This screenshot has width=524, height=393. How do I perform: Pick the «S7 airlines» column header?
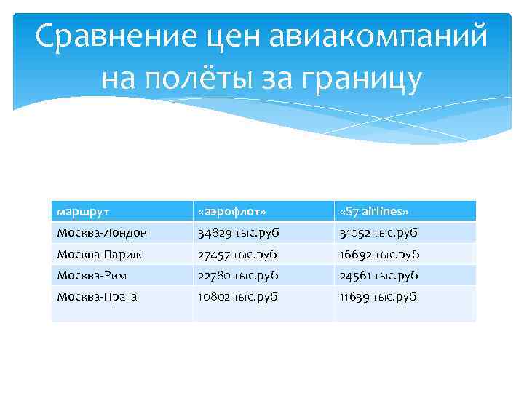point(374,211)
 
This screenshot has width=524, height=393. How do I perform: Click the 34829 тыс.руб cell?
point(237,233)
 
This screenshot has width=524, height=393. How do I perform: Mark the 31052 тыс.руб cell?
point(378,233)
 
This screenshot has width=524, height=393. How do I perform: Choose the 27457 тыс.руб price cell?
point(237,255)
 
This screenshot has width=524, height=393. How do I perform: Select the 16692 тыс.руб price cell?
point(378,255)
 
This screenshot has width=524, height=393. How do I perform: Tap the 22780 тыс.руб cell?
point(237,275)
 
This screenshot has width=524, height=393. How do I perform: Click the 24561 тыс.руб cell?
point(378,275)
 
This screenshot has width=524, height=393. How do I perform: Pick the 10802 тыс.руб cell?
point(237,296)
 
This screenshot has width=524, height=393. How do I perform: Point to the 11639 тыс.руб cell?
point(378,296)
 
